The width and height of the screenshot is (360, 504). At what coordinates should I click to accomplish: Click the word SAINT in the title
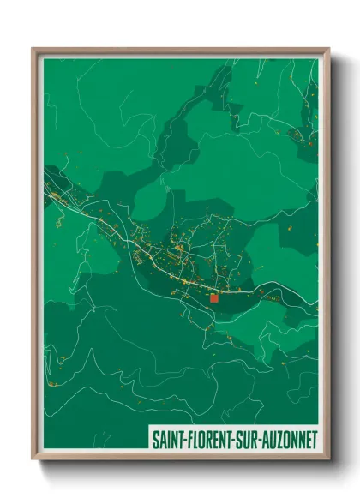(x=165, y=439)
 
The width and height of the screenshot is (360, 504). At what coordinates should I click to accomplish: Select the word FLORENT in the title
(x=203, y=439)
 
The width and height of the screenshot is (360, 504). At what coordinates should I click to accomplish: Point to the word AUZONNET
(x=285, y=439)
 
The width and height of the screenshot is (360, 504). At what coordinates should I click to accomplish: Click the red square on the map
(x=213, y=298)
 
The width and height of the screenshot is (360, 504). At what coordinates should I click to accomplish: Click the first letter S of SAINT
(x=155, y=439)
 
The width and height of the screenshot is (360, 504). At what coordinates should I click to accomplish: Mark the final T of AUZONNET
(x=314, y=439)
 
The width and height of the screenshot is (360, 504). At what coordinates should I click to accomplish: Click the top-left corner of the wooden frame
(x=34, y=50)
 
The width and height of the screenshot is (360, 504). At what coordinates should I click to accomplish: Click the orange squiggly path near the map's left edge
(x=59, y=222)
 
